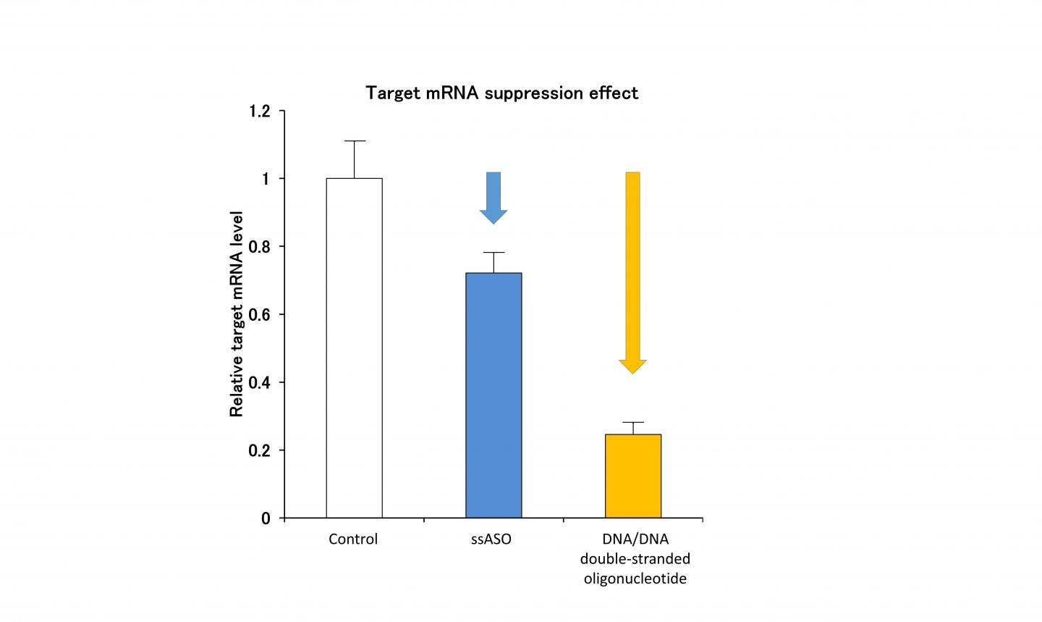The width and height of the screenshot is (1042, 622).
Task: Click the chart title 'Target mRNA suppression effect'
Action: pos(501,93)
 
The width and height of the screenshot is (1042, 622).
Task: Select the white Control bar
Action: pos(354,348)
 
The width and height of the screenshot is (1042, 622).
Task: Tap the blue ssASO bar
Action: pos(494,395)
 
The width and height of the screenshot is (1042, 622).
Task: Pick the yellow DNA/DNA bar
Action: pos(633,476)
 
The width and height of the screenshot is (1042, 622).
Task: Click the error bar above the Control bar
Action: pos(354,159)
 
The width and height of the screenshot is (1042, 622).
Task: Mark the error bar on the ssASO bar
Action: pos(494,261)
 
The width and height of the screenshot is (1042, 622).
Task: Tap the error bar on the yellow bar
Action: pos(633,427)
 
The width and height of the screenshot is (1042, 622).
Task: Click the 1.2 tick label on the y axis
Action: pos(259,112)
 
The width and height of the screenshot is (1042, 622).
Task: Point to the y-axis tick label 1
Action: pos(266,179)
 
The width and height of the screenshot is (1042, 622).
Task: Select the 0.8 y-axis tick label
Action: pos(259,247)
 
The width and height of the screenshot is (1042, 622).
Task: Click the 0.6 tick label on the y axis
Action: pos(259,315)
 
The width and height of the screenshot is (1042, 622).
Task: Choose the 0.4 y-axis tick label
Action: pos(259,382)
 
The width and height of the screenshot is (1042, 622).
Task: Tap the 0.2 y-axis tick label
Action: pos(259,450)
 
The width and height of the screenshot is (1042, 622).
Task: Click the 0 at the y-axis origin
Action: pos(266,518)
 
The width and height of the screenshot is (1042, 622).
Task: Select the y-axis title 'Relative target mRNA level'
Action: pos(237,314)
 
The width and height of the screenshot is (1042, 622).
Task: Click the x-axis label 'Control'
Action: pos(353,539)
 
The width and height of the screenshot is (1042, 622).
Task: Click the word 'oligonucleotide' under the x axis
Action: pos(635,579)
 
